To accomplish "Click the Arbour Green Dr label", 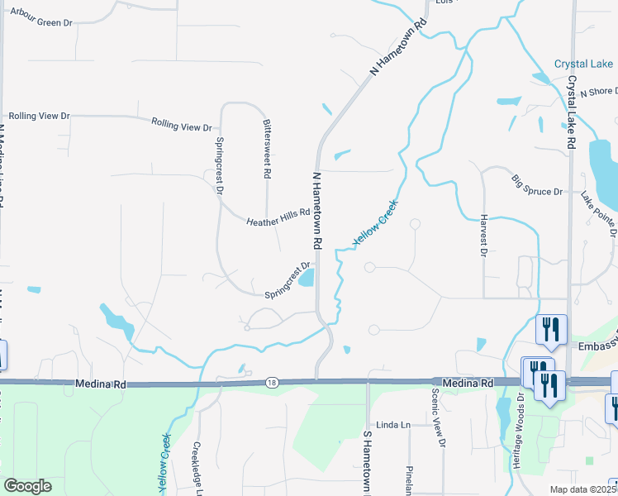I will click(x=39, y=22).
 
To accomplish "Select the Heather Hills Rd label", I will click(x=278, y=217).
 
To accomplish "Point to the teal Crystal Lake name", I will click(x=583, y=64).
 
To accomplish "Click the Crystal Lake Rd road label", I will click(x=571, y=112).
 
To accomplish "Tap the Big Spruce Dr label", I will click(x=536, y=184).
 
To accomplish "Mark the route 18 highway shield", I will click(x=271, y=382).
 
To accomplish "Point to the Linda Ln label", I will click(x=393, y=425).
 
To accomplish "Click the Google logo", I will click(x=28, y=486).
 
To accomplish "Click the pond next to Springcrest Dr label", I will click(x=307, y=279).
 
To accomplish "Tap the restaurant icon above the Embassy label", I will click(x=549, y=328).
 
